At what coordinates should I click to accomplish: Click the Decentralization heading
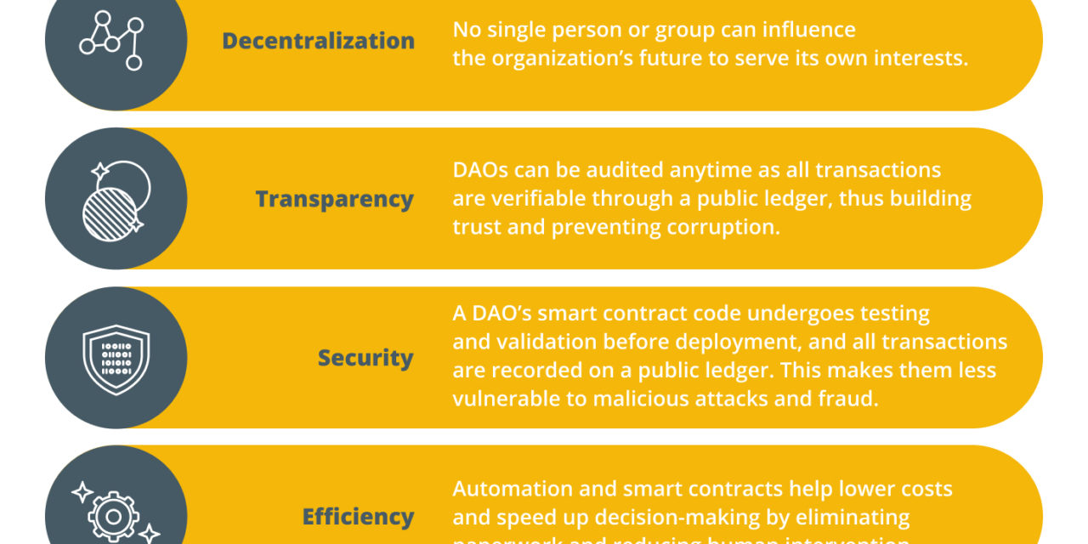pos(318,41)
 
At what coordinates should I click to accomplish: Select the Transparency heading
pos(334,199)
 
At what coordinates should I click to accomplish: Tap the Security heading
pos(365,358)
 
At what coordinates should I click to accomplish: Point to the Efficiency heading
pos(358,516)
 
